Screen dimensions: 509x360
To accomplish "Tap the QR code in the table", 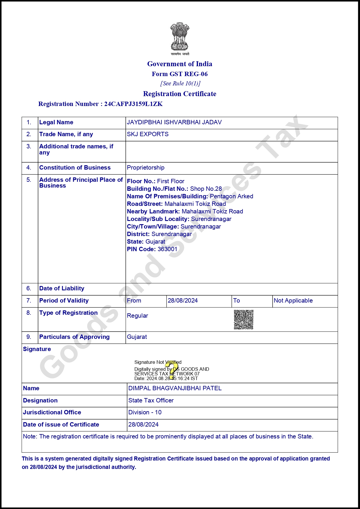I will tap(244, 319).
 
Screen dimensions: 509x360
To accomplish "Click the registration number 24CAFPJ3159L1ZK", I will tap(133, 104).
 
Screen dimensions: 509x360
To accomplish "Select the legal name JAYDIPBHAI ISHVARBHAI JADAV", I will tap(174, 122).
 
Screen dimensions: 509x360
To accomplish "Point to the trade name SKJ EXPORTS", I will tap(147, 134).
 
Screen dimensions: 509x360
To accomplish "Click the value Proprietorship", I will tap(145, 168).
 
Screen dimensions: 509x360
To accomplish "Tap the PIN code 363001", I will tap(167, 249).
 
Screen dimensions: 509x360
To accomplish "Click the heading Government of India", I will tap(179, 64).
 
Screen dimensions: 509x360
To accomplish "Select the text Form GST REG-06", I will tap(179, 74).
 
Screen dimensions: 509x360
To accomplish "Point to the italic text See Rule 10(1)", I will tap(180, 84).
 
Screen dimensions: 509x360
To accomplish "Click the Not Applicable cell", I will tap(293, 301).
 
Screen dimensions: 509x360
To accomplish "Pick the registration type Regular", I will tap(137, 316).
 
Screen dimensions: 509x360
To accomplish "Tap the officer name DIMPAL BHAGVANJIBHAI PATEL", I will tap(175, 388).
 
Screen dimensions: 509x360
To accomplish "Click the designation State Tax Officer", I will tap(151, 400).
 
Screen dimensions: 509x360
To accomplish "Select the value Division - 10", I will tap(145, 412).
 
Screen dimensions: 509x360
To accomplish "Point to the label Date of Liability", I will tap(62, 288).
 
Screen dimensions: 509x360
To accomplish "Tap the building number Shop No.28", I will tap(206, 189).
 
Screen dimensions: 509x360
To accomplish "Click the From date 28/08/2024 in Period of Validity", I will tap(183, 301).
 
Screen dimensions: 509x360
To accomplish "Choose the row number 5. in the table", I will tap(29, 180).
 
